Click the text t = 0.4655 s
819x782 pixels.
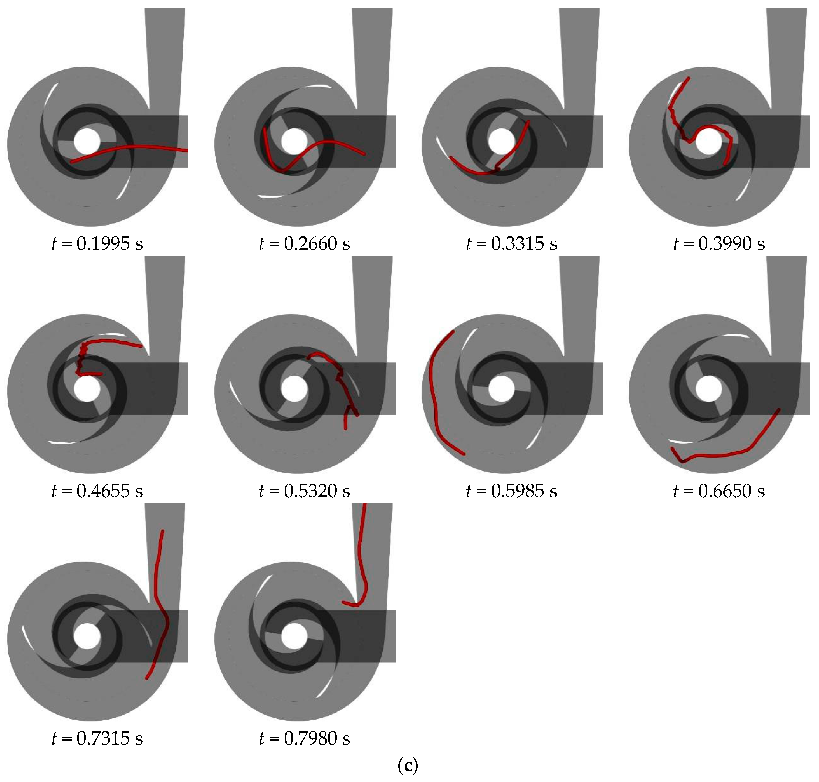click(97, 491)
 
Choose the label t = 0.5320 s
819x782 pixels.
click(305, 491)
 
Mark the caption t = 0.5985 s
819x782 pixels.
click(512, 491)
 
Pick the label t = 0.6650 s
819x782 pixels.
click(719, 491)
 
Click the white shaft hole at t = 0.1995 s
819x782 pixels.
click(87, 142)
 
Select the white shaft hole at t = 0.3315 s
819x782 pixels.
click(502, 142)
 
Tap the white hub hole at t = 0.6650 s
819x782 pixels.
click(708, 389)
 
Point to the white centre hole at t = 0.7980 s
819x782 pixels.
click(294, 637)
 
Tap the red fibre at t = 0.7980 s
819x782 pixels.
click(361, 554)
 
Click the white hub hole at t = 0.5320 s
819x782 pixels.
click(294, 389)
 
